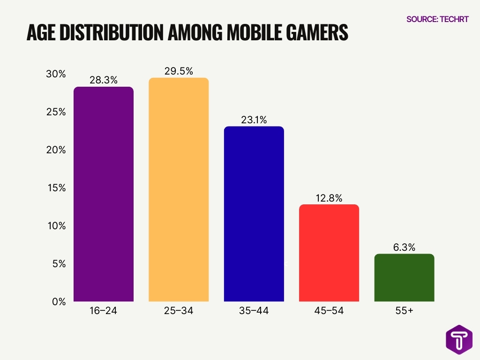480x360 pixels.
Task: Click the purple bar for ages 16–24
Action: coord(103,194)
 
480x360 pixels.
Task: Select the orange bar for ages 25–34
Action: coord(178,189)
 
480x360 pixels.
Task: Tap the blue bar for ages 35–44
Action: coord(254,214)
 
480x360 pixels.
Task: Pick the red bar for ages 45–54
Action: coord(329,253)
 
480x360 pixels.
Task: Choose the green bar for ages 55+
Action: coord(404,277)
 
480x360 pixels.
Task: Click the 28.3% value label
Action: coord(103,81)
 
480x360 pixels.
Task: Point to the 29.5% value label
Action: coord(178,71)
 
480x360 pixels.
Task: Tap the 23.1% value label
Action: coord(254,120)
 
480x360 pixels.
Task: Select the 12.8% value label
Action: coord(329,198)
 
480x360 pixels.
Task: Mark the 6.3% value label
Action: coord(404,247)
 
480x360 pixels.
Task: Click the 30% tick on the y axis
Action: coord(55,75)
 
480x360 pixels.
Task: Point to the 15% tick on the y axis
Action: coord(56,188)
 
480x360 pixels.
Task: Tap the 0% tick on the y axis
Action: coord(58,301)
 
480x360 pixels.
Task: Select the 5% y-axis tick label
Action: coord(58,264)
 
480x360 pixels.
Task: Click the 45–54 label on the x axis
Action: coord(329,311)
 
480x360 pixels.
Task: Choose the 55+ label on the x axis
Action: coord(404,311)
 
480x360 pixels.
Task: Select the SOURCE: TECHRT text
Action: coord(437,19)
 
